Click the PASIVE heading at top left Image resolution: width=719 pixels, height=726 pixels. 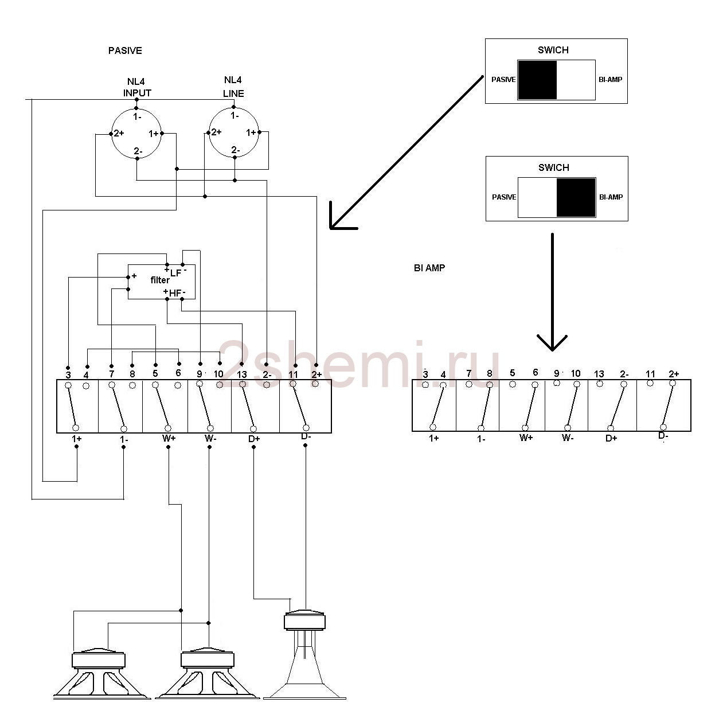[125, 50]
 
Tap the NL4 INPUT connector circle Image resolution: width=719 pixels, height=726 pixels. [136, 134]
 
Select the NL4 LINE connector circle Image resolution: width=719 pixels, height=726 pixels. [234, 133]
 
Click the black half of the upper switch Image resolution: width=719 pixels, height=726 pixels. [537, 80]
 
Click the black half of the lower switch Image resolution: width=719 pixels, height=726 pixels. [576, 197]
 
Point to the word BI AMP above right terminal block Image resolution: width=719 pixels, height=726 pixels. [429, 268]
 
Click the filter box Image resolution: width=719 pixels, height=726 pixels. [161, 282]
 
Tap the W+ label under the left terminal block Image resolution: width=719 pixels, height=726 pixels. [169, 439]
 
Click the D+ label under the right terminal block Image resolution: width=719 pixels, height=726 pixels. [612, 438]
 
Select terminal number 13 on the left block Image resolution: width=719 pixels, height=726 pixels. [242, 374]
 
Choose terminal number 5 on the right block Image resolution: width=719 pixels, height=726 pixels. [512, 373]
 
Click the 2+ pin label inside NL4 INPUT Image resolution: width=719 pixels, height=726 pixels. [119, 133]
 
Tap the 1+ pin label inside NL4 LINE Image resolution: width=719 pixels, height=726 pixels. [251, 132]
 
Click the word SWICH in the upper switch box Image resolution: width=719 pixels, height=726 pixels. [553, 50]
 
